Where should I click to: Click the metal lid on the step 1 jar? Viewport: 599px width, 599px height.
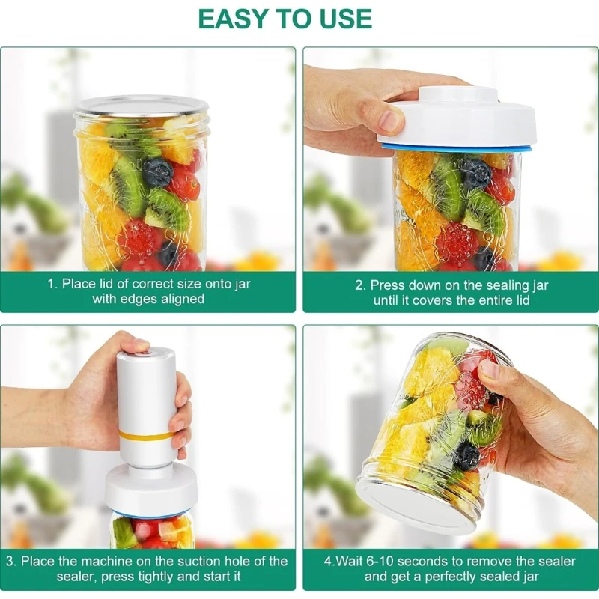[142, 106]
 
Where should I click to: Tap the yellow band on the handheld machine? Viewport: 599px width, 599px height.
[147, 434]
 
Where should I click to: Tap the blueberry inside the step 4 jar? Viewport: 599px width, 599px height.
[468, 455]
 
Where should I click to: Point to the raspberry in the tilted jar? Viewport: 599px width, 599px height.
[472, 391]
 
